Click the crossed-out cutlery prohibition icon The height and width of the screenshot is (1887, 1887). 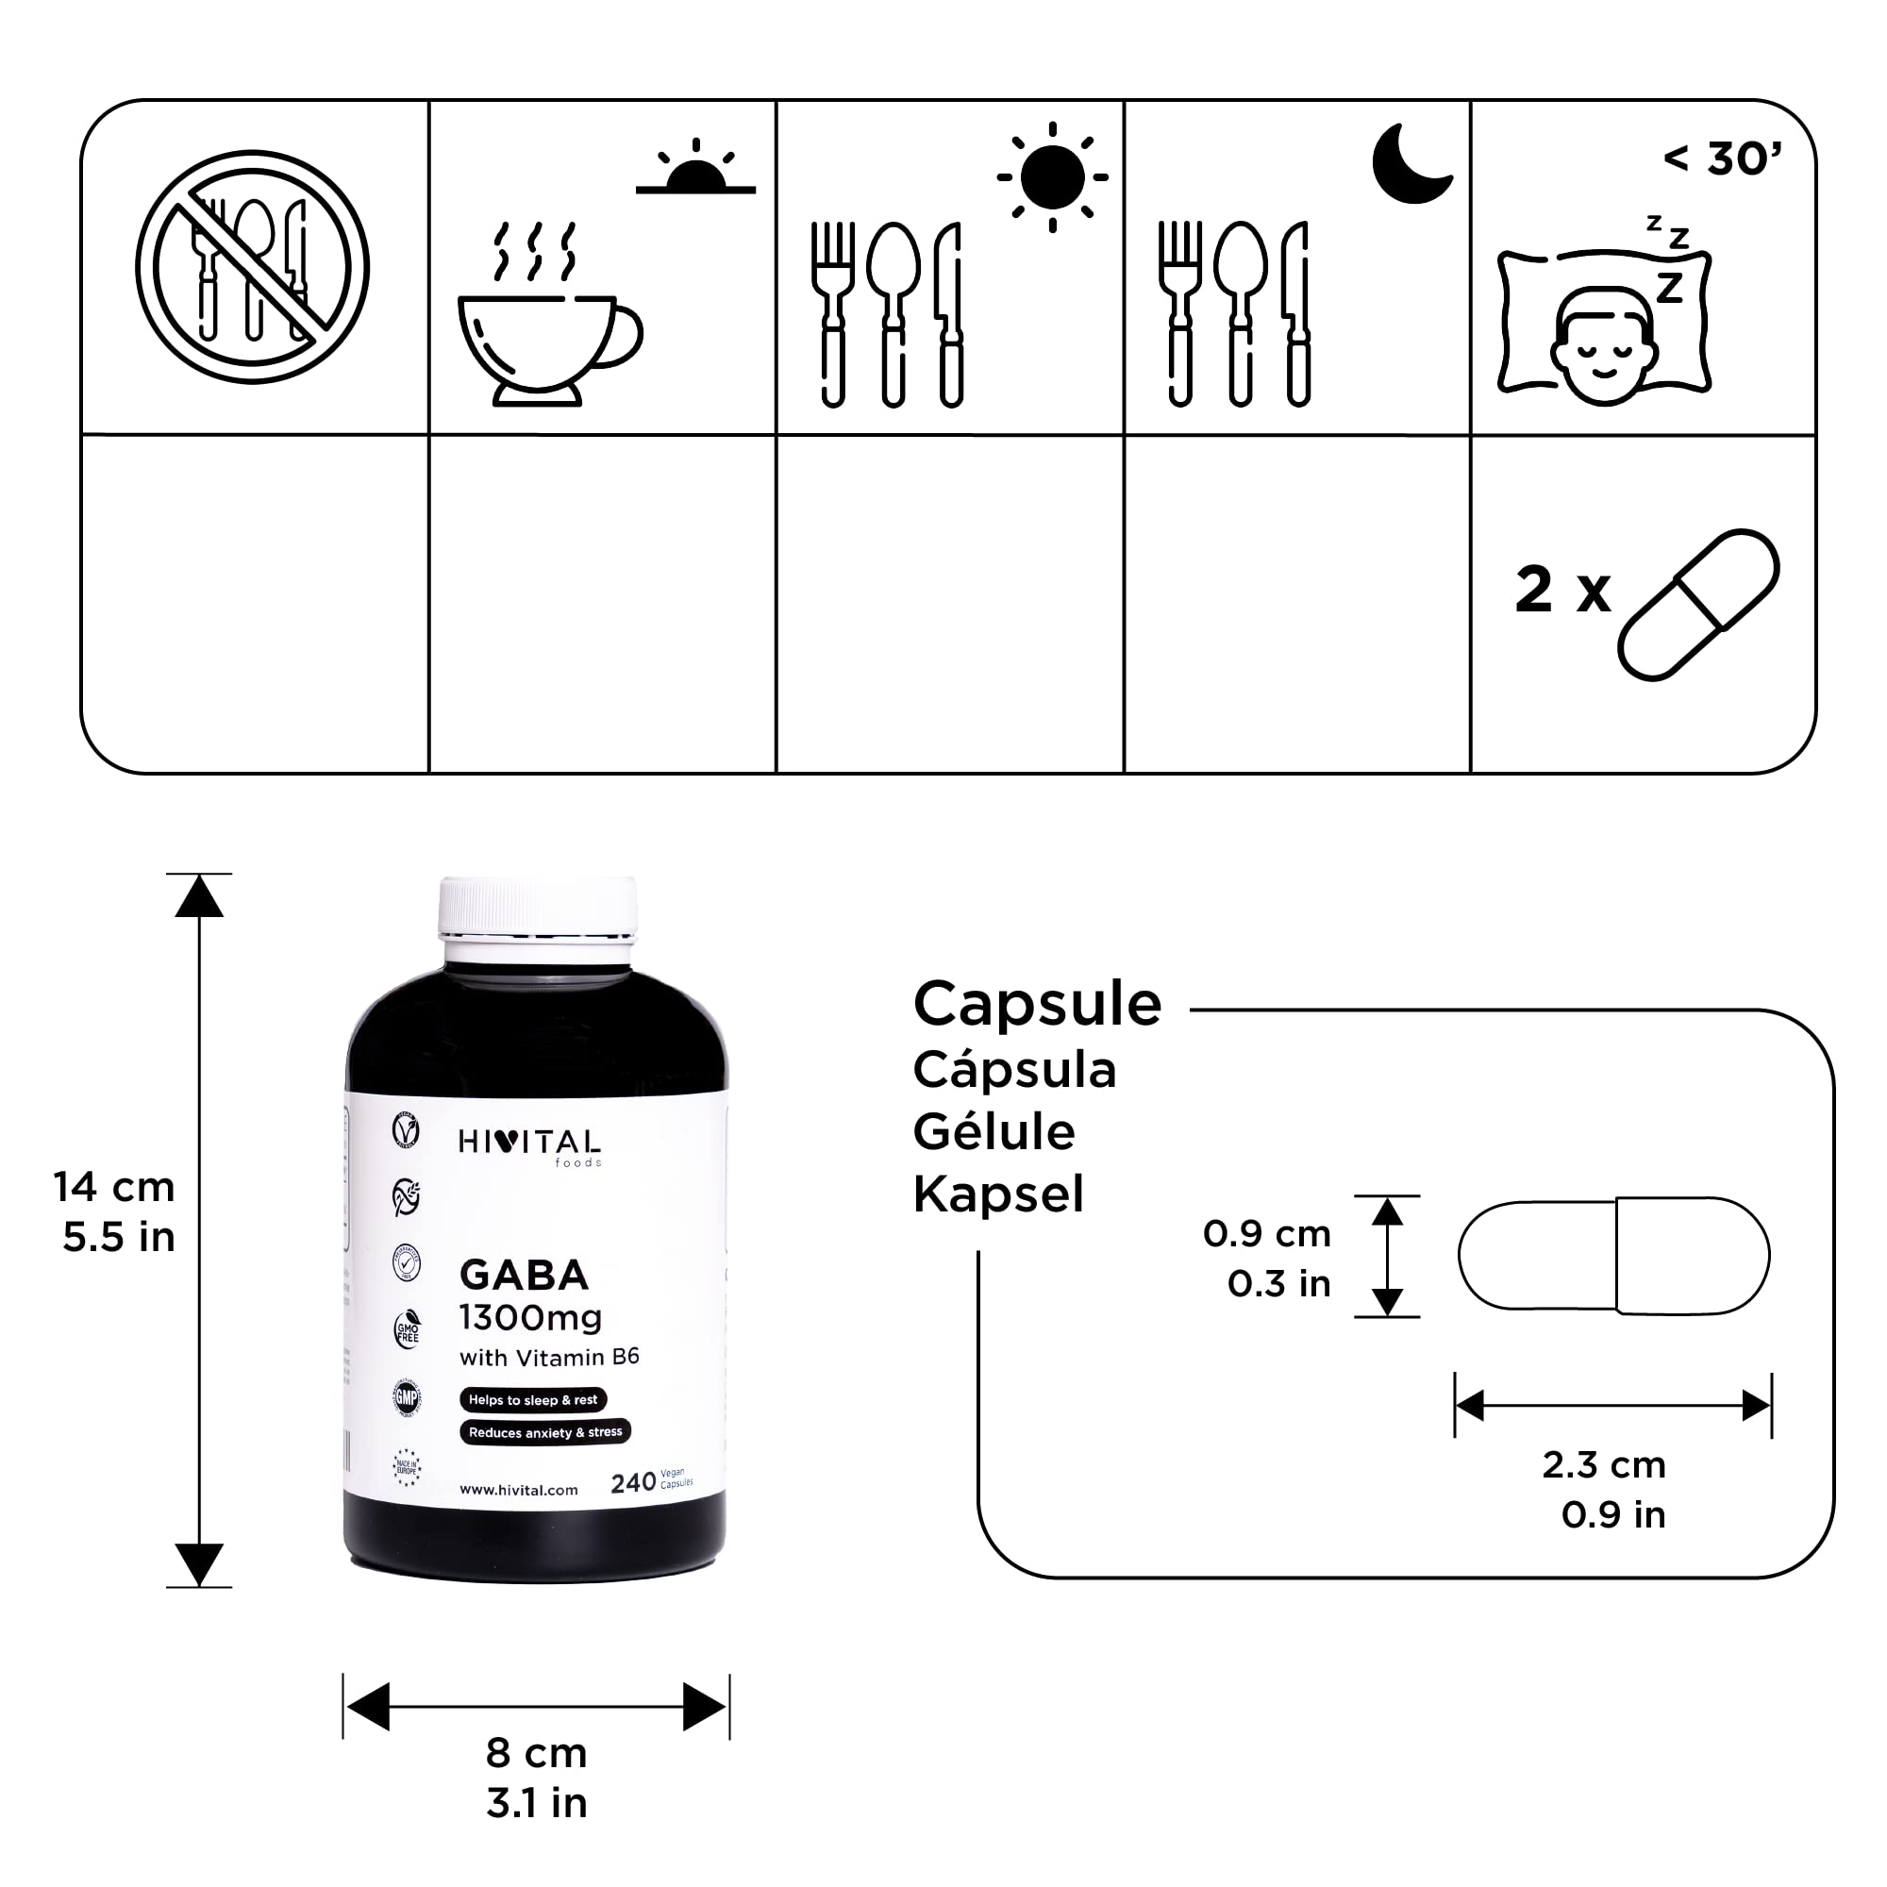(252, 267)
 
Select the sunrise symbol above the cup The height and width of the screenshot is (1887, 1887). (695, 168)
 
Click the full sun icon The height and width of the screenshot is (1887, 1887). (1052, 176)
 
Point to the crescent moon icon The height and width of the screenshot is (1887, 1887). (1410, 163)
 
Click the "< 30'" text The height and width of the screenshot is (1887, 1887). (1723, 159)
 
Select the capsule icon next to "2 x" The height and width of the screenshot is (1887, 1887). (1697, 605)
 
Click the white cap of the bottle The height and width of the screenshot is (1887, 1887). (537, 906)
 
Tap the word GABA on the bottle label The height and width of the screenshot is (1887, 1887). (525, 1275)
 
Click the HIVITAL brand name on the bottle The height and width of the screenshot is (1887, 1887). (529, 1142)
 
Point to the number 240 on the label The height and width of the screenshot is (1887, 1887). (632, 1482)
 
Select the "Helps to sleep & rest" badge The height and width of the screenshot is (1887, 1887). (532, 1399)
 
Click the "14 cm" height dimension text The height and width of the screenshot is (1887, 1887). (114, 1187)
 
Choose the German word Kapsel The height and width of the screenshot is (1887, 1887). (998, 1194)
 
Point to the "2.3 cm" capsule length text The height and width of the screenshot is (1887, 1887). (1604, 1464)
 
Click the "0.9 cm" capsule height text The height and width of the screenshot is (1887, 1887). (1267, 1233)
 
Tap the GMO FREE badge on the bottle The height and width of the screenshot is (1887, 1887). (408, 1331)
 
